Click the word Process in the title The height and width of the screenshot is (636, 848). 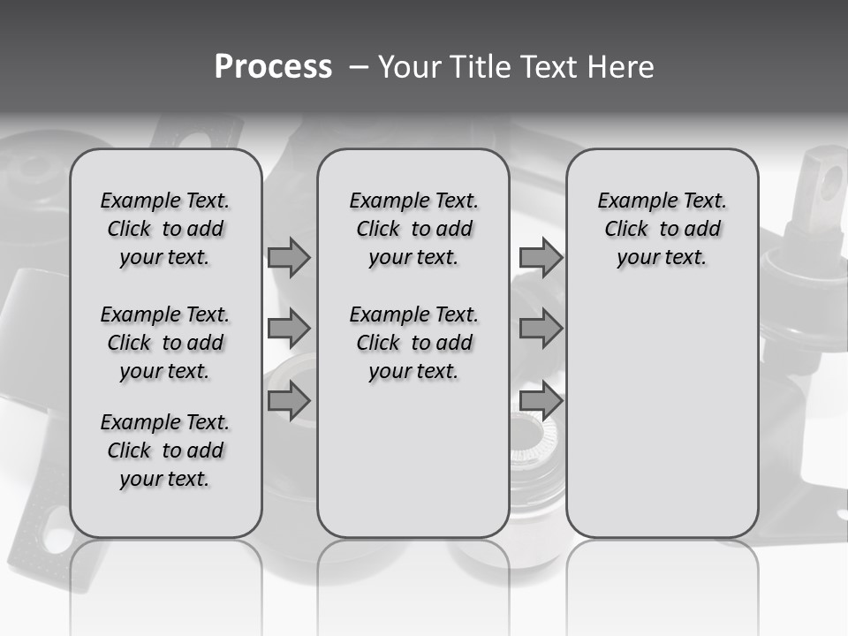273,66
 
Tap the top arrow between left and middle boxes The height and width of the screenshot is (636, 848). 289,257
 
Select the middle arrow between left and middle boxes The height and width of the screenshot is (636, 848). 289,329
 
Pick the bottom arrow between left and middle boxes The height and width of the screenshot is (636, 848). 289,401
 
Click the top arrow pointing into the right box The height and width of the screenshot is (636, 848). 541,257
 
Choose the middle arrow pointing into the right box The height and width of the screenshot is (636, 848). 541,329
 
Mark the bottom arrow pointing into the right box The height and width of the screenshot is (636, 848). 541,401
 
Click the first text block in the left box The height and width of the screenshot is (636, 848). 165,229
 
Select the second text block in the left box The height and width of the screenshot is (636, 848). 165,343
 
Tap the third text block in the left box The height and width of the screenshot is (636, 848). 165,450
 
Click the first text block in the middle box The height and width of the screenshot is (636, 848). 413,229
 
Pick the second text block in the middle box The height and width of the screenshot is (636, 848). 413,343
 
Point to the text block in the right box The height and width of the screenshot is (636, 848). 662,229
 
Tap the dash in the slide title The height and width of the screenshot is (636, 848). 358,66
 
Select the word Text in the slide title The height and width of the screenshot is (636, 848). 549,66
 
